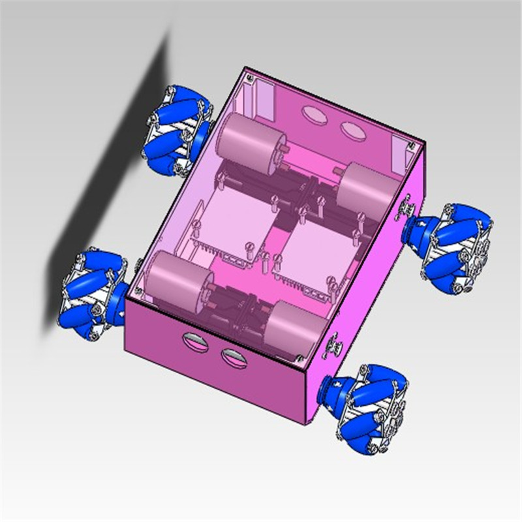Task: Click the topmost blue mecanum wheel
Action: point(177,130)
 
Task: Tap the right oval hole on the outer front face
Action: point(234,356)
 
